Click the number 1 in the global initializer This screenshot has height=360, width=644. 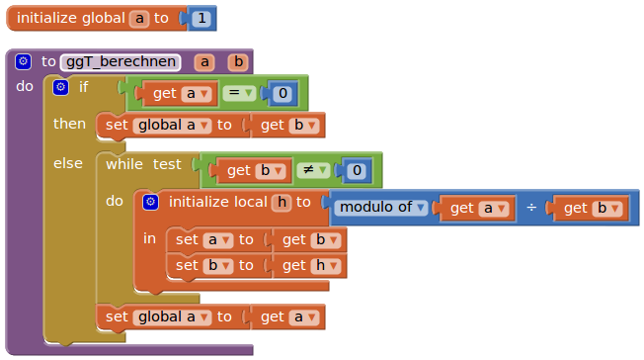[201, 18]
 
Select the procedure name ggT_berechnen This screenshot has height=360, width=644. [121, 61]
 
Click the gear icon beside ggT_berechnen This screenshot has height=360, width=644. [23, 61]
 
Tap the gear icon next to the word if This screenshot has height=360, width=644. [61, 87]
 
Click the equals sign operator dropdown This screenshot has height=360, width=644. [239, 93]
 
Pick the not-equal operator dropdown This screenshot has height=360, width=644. [313, 170]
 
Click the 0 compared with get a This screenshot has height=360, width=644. [282, 93]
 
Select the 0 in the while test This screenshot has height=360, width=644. [357, 170]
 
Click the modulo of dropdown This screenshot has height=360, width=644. [381, 208]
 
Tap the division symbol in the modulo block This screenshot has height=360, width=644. [531, 208]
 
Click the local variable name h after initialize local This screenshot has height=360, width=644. [282, 202]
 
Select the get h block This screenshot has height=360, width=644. [310, 266]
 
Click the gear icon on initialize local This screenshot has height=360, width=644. [151, 202]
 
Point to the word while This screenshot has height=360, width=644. [124, 164]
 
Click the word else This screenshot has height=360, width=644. [68, 163]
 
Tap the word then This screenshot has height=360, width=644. [69, 124]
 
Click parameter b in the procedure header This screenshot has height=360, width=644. [238, 61]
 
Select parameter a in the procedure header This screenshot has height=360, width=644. [204, 61]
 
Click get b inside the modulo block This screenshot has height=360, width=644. [591, 208]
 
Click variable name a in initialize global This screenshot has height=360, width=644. [139, 19]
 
